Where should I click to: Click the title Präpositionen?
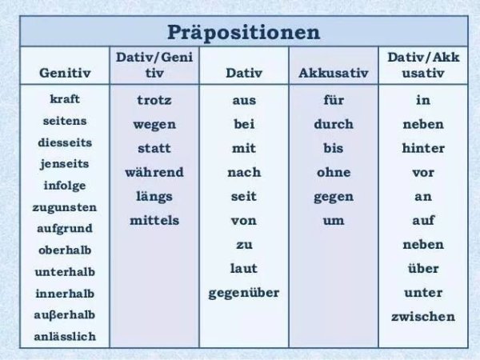(x=243, y=33)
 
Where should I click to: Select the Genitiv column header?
(x=65, y=73)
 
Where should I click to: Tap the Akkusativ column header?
(x=333, y=73)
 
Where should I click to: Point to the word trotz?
(x=154, y=101)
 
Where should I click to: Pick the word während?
(x=154, y=172)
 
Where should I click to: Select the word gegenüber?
(x=244, y=293)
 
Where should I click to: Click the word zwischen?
(x=423, y=317)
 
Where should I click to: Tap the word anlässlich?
(x=65, y=336)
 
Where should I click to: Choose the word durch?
(x=334, y=125)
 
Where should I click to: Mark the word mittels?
(x=154, y=220)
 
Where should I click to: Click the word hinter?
(x=423, y=149)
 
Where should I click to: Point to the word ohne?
(x=334, y=172)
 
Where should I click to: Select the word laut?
(x=244, y=269)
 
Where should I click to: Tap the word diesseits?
(x=65, y=142)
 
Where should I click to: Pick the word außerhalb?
(x=65, y=314)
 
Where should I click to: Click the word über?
(x=423, y=269)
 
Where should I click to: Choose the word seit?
(x=244, y=196)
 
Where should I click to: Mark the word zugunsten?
(x=65, y=207)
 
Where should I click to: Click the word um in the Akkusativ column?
(x=334, y=220)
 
